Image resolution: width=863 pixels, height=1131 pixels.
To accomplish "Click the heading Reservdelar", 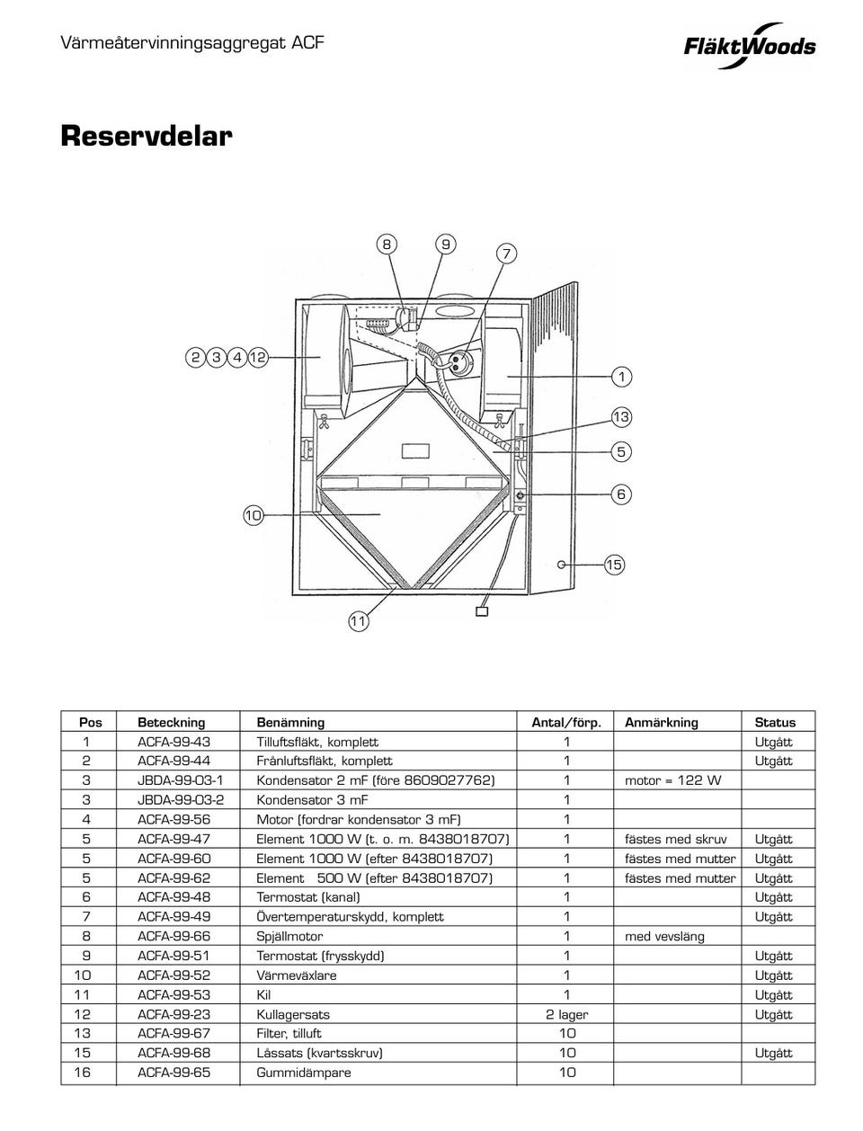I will pos(147,137).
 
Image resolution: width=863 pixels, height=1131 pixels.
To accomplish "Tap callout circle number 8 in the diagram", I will pos(386,245).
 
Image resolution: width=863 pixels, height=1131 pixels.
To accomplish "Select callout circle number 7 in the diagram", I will pos(506,254).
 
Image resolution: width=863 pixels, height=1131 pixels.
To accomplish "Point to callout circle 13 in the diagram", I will pos(621,417).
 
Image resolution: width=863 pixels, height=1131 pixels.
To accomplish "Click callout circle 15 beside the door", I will pos(614,565).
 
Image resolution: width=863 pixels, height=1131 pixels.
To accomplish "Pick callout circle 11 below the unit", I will pos(358,621).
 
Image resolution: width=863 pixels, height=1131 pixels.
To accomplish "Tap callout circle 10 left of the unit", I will pos(253,515).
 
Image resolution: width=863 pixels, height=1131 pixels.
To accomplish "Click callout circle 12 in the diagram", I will pos(258,357).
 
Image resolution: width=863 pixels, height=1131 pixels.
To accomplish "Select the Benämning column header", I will pos(290,722).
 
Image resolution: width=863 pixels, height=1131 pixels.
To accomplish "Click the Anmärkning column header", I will pos(661,722).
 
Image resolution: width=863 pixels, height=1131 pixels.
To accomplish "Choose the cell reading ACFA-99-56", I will pos(173,819).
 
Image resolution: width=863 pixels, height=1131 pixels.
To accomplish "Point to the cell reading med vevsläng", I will pos(664,936).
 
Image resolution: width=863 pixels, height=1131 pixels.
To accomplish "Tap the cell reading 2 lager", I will pos(566,1014).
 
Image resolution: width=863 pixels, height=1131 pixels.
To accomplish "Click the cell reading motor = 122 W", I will pos(672,780).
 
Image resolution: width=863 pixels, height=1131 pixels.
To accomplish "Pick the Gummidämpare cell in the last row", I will pos(304,1073).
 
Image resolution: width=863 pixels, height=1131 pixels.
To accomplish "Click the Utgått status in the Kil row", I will pos(773,994).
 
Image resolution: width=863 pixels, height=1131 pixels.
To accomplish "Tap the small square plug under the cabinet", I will pos(481,611).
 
